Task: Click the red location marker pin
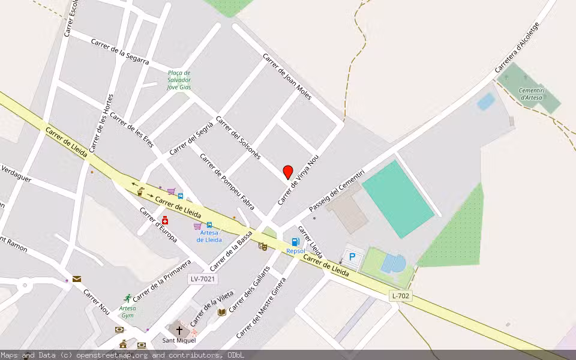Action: point(288,172)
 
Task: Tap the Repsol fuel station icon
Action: point(295,242)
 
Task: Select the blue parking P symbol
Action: point(352,257)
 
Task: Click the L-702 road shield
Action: point(400,295)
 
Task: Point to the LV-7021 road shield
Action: point(203,279)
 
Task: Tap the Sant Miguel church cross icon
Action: point(179,330)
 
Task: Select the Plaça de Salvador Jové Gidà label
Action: point(179,80)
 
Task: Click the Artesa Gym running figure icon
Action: point(127,298)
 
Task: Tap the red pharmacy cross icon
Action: point(164,220)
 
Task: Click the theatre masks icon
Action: point(262,246)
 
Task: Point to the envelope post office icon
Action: point(77,278)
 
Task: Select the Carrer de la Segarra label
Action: point(120,52)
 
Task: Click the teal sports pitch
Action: point(397,199)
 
